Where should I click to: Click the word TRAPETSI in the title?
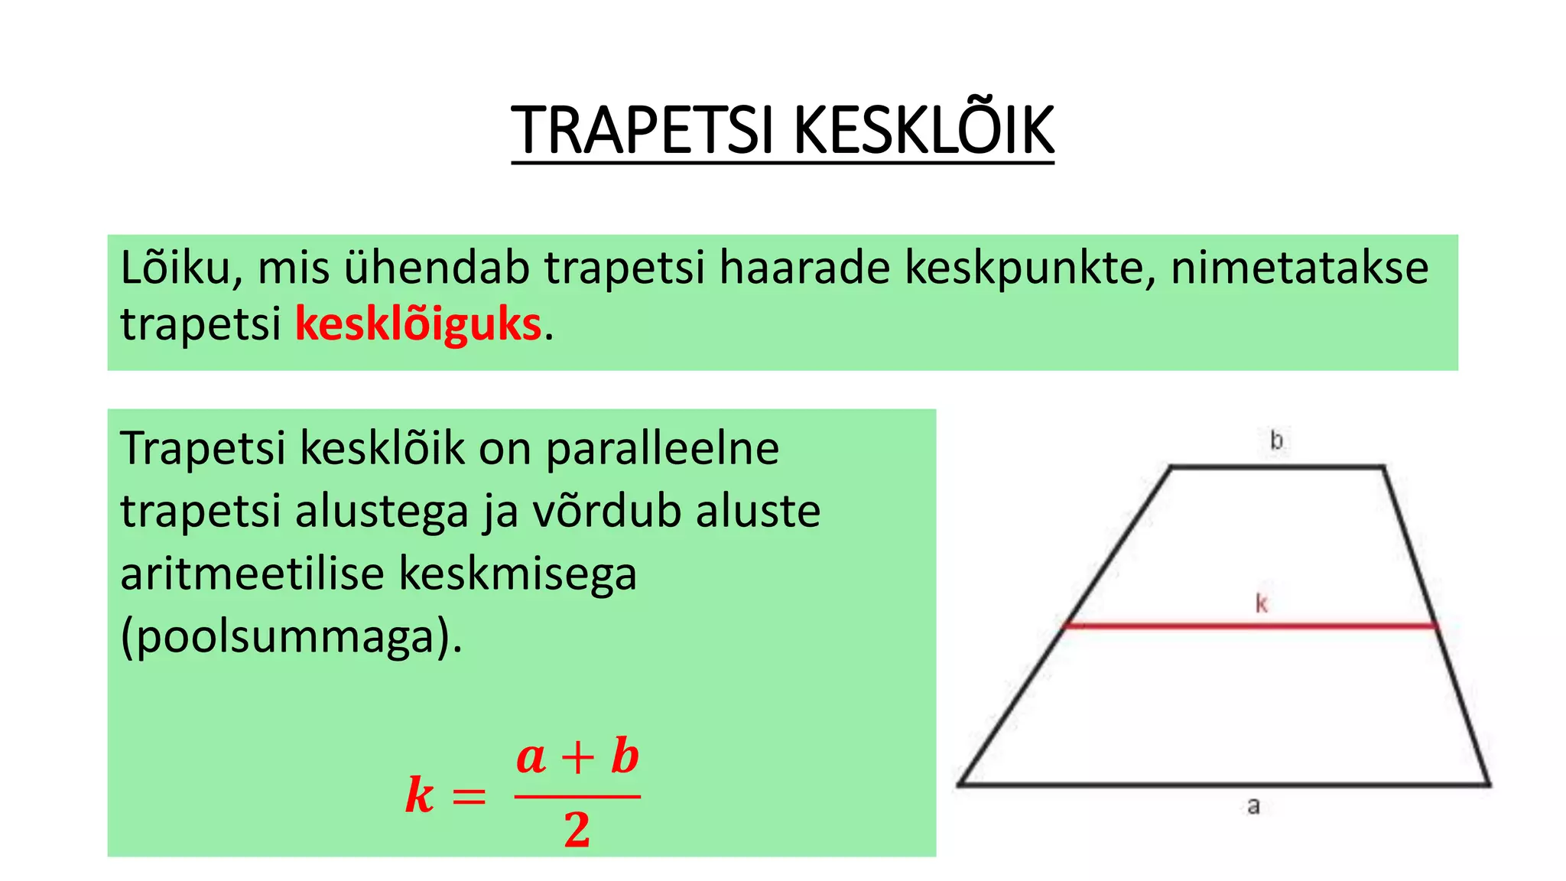click(x=644, y=131)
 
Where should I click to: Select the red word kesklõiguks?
click(x=418, y=323)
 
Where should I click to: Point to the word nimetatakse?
click(x=1299, y=268)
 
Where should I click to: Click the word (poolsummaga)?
click(x=291, y=636)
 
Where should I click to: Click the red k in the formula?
click(x=420, y=795)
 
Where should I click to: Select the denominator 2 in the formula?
click(x=577, y=830)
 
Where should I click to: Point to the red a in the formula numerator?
click(x=531, y=758)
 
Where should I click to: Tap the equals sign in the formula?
click(x=469, y=797)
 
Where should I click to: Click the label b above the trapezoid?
click(x=1276, y=440)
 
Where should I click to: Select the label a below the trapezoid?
click(x=1253, y=805)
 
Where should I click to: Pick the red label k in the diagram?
click(x=1262, y=604)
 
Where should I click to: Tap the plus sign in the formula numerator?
click(x=578, y=759)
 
